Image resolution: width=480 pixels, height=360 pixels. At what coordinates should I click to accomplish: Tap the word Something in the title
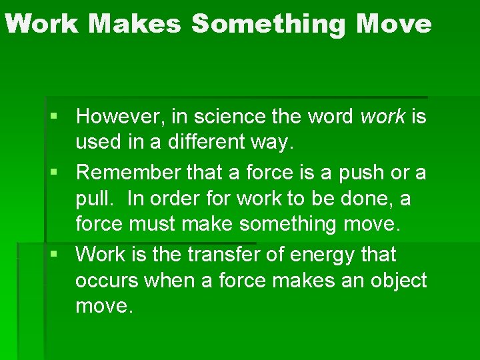coord(269,24)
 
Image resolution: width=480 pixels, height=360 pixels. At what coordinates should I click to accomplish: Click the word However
coord(121,117)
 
